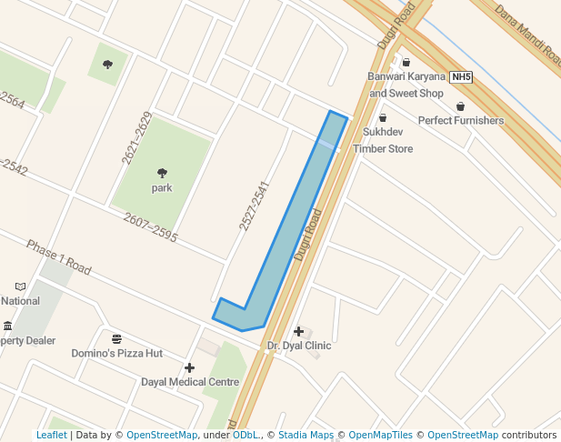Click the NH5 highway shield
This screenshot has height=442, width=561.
coord(462,77)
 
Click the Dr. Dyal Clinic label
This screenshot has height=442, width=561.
coord(299,346)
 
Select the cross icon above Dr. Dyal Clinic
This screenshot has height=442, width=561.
coord(298,331)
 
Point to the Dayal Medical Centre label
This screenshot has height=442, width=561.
coord(189,382)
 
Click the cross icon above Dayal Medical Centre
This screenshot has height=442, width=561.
coord(189,367)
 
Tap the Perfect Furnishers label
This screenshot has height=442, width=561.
coord(460,121)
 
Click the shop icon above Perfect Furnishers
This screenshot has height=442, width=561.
coord(460,106)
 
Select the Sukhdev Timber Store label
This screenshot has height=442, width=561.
coord(382,142)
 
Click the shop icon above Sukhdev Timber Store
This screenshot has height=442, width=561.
coord(382,117)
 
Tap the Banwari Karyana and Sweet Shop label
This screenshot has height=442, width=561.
coord(406,85)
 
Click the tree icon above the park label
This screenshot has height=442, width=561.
coord(162,173)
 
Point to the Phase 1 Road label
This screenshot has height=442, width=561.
coord(58,258)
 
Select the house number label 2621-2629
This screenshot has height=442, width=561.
coord(137,137)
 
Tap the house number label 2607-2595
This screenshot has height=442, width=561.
coord(150,227)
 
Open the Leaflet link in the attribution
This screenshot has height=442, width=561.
coord(52,436)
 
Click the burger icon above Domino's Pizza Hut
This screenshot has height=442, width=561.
coord(116,339)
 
